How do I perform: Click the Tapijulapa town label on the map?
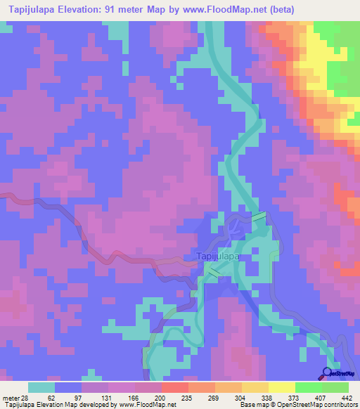[217, 257]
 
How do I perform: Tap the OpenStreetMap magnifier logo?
[328, 372]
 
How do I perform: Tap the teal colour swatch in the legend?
[41, 387]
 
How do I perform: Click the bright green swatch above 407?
[308, 387]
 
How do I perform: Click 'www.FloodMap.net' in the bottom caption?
[148, 405]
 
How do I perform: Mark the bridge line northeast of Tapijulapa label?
[259, 217]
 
